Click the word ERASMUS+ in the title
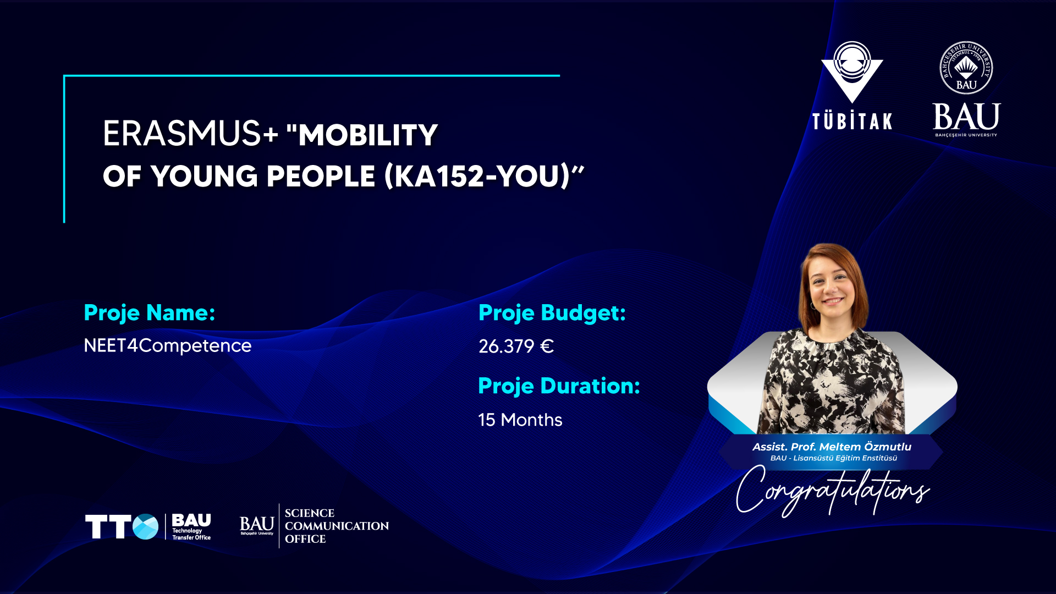pos(190,134)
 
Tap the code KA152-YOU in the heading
pos(477,176)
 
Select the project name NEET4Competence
pos(168,346)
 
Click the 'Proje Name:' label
pos(150,313)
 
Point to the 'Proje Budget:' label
pos(552,313)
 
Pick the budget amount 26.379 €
pos(516,346)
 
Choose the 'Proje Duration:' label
pos(559,386)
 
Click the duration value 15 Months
pos(520,420)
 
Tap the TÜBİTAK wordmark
pos(852,121)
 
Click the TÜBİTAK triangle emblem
pos(852,71)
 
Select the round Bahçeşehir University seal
pos(966,68)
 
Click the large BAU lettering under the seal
pos(966,117)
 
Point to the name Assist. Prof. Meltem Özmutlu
pos(832,447)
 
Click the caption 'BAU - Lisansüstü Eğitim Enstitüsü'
pos(833,458)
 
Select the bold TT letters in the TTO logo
pos(108,527)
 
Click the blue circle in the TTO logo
pos(146,527)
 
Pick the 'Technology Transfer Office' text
pos(191,534)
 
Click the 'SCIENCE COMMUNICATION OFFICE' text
pos(337,526)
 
